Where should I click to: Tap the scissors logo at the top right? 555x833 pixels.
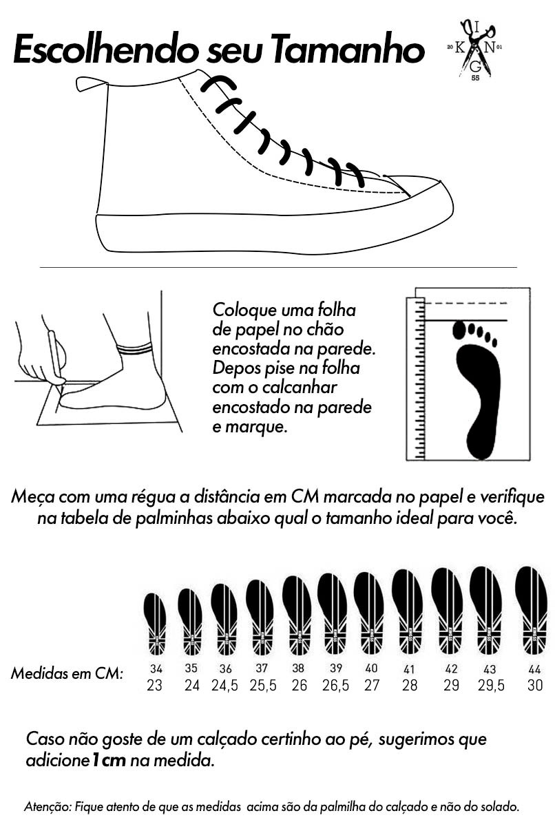tap(475, 50)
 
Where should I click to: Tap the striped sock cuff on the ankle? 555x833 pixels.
tap(134, 348)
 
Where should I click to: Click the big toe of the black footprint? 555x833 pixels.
tap(459, 330)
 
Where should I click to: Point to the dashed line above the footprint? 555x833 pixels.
tap(466, 303)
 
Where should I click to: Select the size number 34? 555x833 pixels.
tap(156, 668)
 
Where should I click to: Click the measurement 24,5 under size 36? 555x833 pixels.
tap(224, 686)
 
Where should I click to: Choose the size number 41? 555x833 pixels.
tap(409, 669)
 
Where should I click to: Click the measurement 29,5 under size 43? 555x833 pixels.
tap(492, 686)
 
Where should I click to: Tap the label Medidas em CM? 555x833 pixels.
tap(67, 673)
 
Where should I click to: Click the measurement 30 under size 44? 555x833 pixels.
tap(535, 686)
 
